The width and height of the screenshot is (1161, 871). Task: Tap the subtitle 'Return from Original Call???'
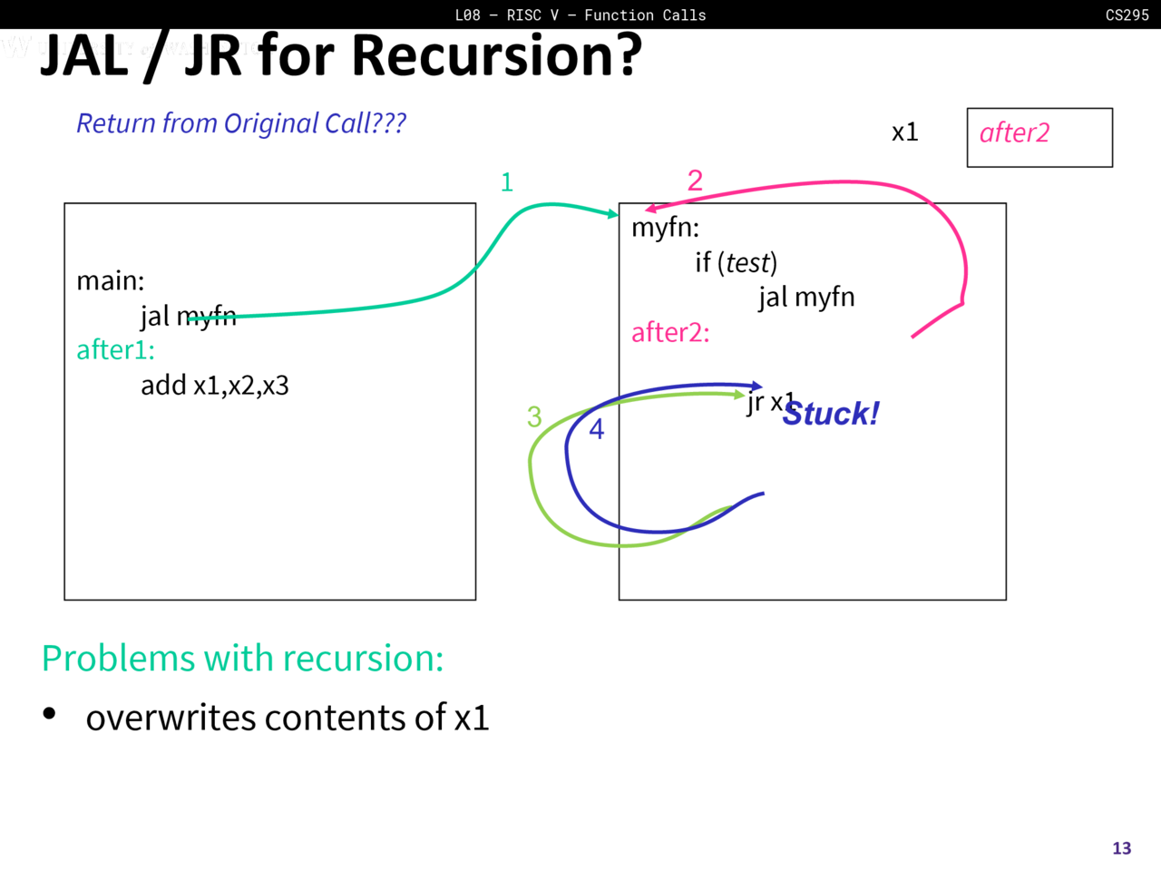(x=240, y=123)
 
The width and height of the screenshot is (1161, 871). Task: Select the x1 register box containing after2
(x=1039, y=137)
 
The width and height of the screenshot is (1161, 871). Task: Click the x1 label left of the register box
(x=904, y=132)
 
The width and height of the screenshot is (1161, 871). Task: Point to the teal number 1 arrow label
(x=507, y=182)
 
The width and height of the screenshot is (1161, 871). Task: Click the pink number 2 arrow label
(x=695, y=180)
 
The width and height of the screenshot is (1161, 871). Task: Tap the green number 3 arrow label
(x=534, y=416)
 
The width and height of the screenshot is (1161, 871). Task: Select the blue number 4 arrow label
(x=596, y=429)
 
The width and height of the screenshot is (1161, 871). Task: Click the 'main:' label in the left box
(x=110, y=281)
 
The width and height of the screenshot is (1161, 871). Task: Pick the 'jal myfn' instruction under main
(x=188, y=316)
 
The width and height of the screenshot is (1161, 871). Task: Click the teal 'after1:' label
(x=115, y=350)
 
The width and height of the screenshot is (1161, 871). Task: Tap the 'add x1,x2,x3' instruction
(x=214, y=386)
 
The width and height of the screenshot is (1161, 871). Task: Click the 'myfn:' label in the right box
(x=665, y=227)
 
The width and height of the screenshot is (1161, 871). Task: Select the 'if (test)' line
(x=736, y=263)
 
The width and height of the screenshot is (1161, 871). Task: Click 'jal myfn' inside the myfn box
(x=806, y=298)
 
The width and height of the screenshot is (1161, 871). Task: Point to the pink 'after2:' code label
(x=670, y=333)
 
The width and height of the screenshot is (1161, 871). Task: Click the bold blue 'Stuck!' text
(x=831, y=415)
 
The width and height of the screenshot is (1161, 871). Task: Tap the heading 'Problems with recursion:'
(x=242, y=659)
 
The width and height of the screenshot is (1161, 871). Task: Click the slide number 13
(x=1121, y=848)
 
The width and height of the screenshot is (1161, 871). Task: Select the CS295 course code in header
(x=1127, y=15)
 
